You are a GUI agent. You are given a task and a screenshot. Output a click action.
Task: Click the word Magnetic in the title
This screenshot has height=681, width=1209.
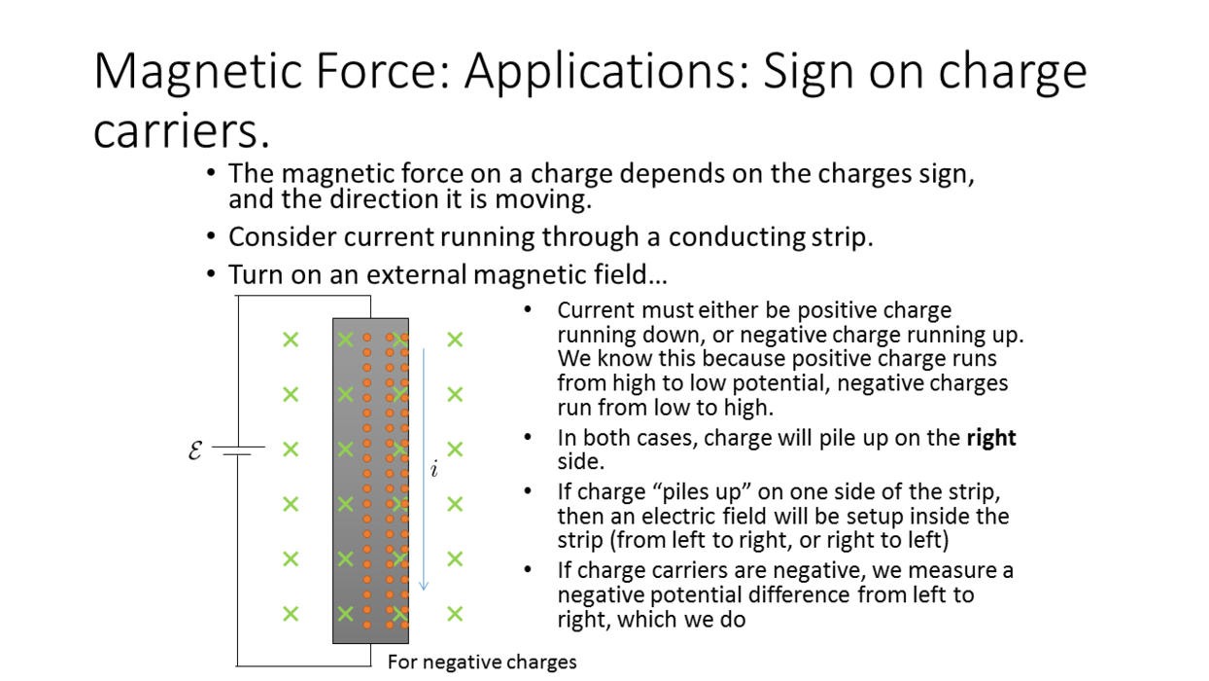click(197, 71)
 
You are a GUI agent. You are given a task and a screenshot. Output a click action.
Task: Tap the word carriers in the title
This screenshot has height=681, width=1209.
click(182, 130)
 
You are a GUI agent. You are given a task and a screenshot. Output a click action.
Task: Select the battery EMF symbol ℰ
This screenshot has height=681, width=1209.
click(195, 449)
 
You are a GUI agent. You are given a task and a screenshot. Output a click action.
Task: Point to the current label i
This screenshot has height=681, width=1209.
click(434, 469)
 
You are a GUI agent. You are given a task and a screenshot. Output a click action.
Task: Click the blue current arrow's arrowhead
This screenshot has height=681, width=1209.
click(424, 585)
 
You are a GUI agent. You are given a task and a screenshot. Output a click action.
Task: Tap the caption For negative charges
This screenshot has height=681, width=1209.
click(482, 663)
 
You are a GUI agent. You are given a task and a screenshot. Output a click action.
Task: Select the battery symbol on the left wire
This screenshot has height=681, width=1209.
click(238, 450)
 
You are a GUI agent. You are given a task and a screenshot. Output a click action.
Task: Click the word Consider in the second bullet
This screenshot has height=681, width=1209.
click(282, 236)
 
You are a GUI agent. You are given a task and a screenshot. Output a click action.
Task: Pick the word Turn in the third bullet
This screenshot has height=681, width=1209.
click(257, 274)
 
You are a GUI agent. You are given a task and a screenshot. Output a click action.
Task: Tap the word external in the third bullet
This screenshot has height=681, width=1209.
click(416, 274)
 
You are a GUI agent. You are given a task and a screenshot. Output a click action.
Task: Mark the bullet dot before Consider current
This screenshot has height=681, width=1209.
click(211, 236)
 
